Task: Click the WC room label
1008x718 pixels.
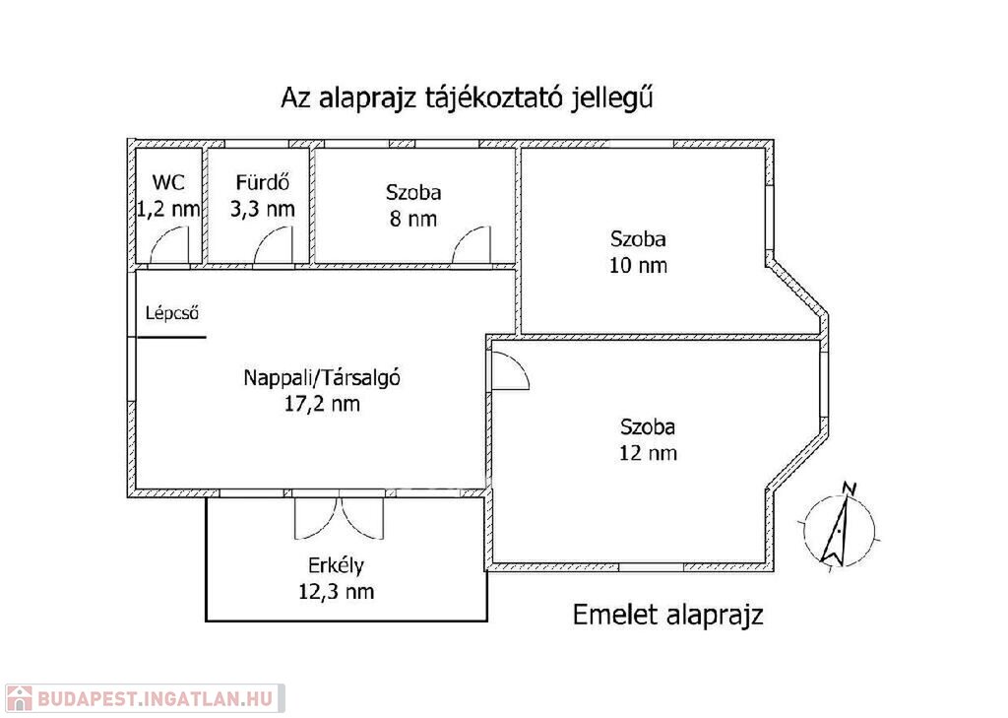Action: pos(168,182)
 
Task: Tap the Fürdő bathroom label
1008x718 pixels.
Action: pos(262,182)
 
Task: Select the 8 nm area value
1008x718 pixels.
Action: pos(412,219)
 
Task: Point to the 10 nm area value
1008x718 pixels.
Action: pos(638,265)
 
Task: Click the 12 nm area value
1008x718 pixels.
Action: pos(648,453)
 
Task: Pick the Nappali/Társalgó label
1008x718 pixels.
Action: pos(322,377)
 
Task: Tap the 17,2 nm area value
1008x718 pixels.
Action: pos(322,404)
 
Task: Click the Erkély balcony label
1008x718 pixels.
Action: pos(336,565)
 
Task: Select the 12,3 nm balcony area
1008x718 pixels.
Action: pos(336,592)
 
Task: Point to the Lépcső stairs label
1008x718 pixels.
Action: pos(171,313)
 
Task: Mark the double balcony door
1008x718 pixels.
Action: pos(340,517)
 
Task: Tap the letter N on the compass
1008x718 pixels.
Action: pos(850,489)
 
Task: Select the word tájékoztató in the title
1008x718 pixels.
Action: pos(493,98)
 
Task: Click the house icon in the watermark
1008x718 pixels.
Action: pos(19,698)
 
